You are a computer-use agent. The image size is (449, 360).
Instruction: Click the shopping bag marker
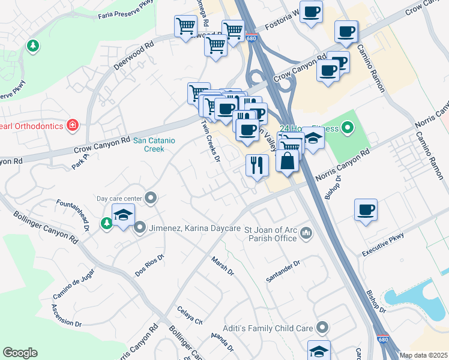point(288,161)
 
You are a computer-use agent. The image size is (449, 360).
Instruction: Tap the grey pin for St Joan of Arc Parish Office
point(306,232)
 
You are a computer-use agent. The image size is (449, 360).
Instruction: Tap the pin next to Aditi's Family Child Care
point(323,328)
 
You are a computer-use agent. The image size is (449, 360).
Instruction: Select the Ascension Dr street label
point(66,315)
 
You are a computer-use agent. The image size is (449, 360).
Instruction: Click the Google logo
point(20,353)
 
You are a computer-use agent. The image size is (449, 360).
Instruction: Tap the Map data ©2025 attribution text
point(423,355)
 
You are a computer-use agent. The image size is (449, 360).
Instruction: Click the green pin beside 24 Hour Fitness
point(347,127)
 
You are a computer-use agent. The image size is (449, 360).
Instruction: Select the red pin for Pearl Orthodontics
point(73,125)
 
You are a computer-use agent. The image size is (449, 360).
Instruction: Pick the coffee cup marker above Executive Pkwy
point(366,210)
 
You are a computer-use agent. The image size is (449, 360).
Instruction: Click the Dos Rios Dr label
point(149,266)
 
